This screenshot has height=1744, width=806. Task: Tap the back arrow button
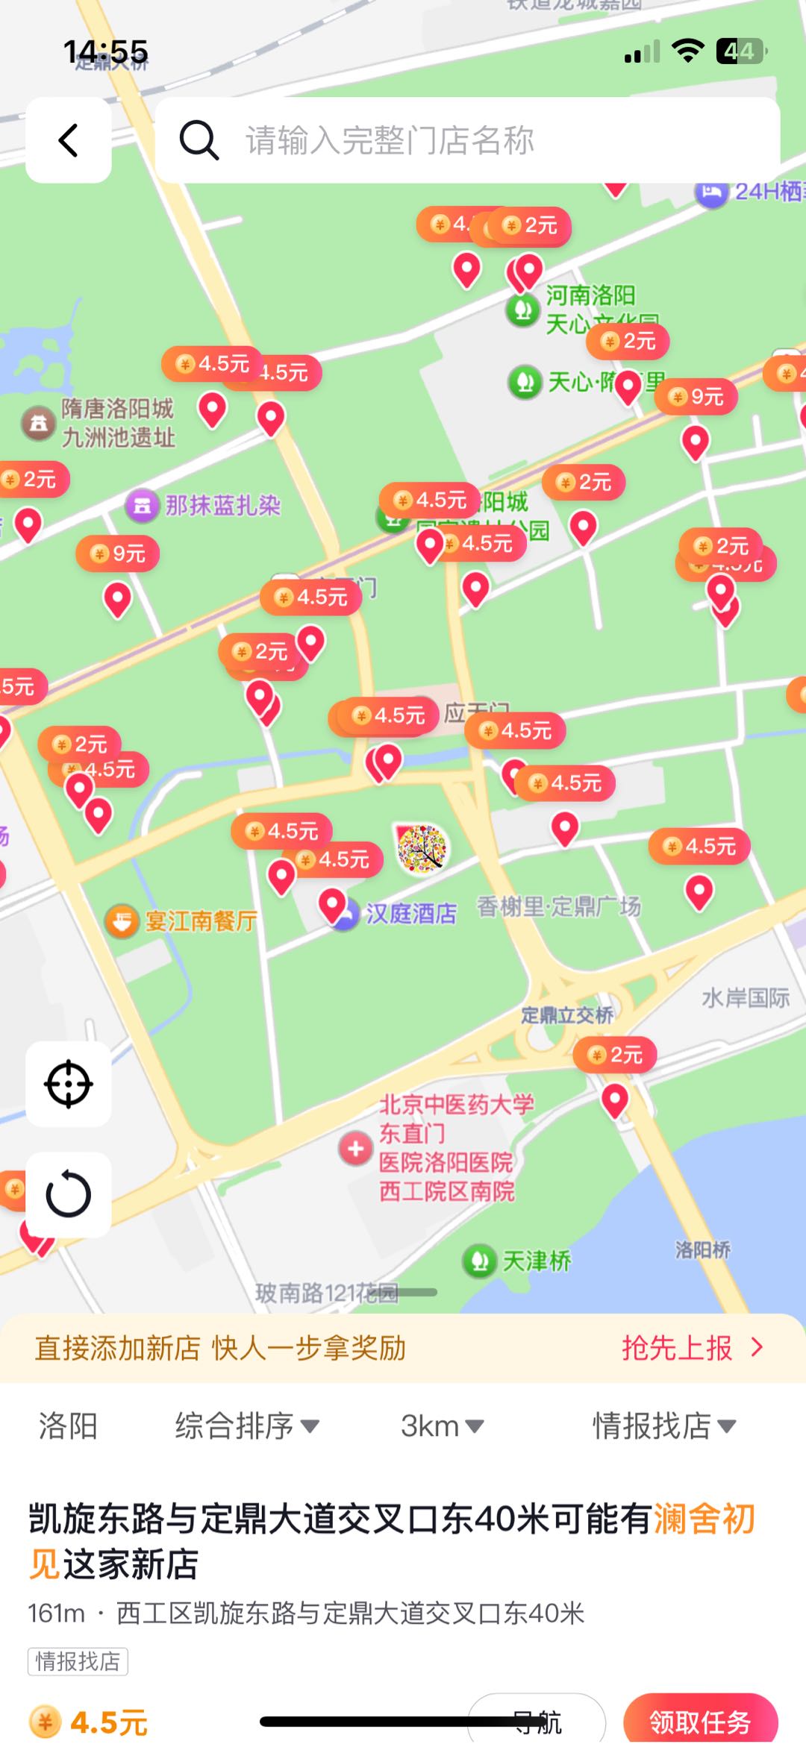coord(69,140)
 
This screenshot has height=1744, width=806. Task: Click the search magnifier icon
coord(199,140)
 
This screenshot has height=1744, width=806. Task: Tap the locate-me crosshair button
coord(69,1084)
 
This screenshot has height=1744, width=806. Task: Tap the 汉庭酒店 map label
coord(410,914)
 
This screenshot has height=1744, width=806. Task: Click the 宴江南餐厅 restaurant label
coord(200,921)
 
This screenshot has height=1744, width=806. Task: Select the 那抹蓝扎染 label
coord(222,506)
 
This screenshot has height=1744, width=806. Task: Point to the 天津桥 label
coord(535,1261)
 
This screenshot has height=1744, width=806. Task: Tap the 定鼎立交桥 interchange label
coord(566,1015)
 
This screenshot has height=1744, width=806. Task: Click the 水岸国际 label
coord(745,998)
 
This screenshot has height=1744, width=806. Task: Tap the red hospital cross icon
coord(355,1149)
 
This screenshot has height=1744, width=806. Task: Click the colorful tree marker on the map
coord(422,848)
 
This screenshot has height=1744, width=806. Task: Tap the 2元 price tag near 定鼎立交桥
coord(616,1055)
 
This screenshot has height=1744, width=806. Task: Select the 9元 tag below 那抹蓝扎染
coord(118,553)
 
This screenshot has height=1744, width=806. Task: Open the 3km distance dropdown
coord(442,1426)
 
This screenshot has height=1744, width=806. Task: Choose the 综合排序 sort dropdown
coord(246,1426)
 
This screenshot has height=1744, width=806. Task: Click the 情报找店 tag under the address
coord(78,1661)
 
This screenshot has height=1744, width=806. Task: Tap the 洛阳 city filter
coord(68,1426)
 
